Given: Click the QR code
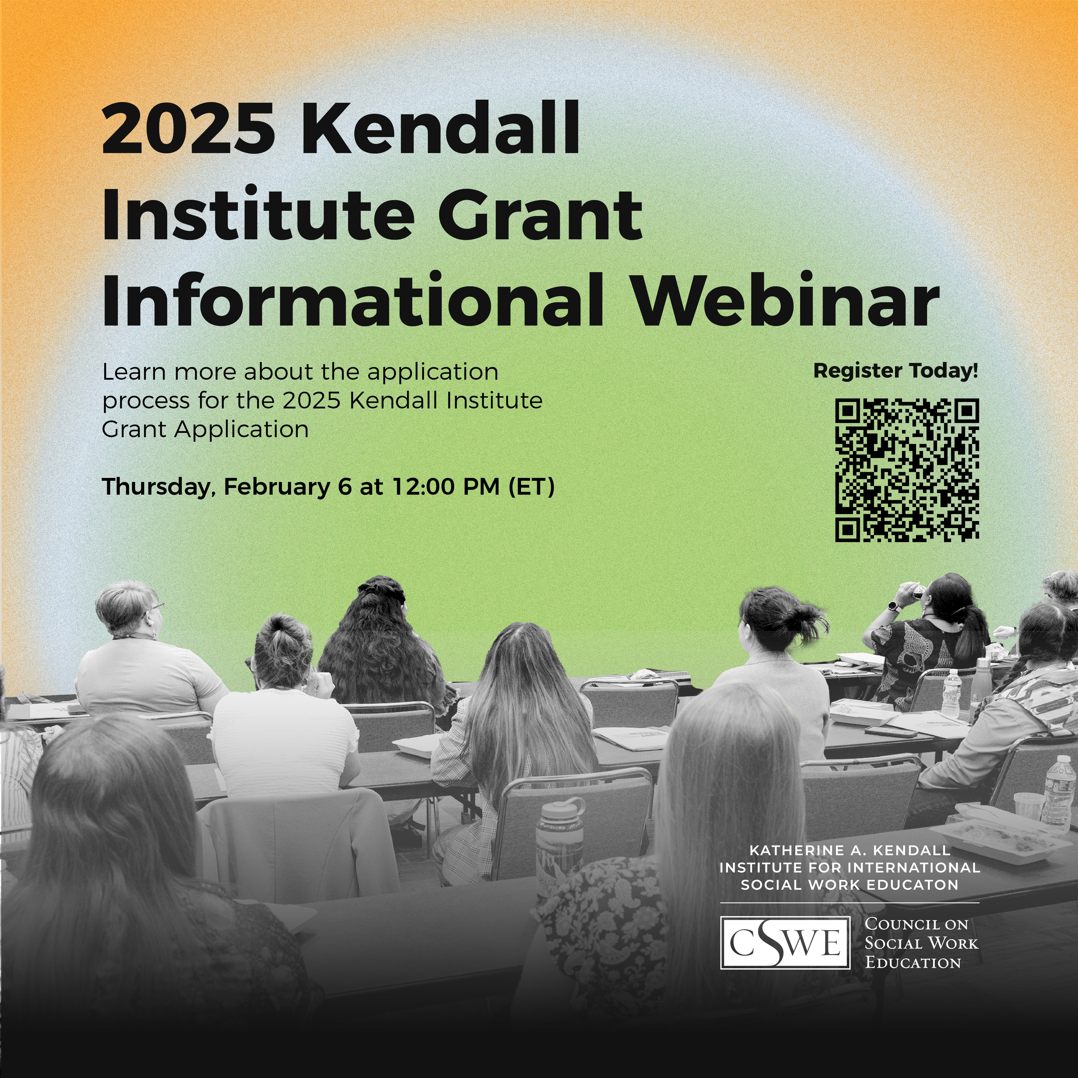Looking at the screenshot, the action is [x=907, y=470].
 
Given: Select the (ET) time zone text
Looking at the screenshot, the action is [x=531, y=487].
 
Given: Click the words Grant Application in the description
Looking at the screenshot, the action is [x=205, y=430].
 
